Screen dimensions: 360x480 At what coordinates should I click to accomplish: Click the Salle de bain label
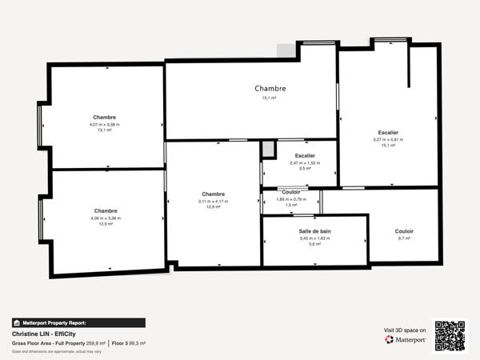pyautogui.click(x=314, y=231)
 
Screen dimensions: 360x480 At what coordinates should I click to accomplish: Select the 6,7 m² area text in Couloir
pyautogui.click(x=404, y=238)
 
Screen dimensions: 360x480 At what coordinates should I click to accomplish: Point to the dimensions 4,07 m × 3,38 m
pyautogui.click(x=104, y=124)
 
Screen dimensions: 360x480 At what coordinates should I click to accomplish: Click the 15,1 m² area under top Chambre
pyautogui.click(x=270, y=98)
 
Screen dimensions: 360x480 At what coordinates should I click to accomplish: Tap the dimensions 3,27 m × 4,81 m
pyautogui.click(x=388, y=139)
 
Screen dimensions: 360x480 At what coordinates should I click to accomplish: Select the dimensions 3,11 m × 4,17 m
pyautogui.click(x=213, y=201)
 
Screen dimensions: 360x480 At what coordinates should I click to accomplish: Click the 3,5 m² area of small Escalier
pyautogui.click(x=304, y=168)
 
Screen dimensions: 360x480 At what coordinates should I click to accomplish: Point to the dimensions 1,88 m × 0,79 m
pyautogui.click(x=292, y=199)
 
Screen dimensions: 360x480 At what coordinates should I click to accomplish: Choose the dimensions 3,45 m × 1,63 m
pyautogui.click(x=314, y=238)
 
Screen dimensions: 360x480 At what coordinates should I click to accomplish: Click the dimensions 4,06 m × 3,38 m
pyautogui.click(x=106, y=218)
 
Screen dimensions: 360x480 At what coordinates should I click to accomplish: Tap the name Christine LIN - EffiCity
pyautogui.click(x=48, y=334)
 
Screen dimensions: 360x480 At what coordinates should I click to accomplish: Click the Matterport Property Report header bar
pyautogui.click(x=78, y=322)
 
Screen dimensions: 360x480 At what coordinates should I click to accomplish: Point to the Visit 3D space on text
pyautogui.click(x=405, y=329)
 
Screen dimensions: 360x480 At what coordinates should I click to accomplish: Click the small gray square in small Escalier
pyautogui.click(x=268, y=148)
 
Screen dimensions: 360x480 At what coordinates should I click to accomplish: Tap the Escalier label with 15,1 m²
pyautogui.click(x=388, y=132)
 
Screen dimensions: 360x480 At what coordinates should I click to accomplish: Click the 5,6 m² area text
pyautogui.click(x=314, y=244)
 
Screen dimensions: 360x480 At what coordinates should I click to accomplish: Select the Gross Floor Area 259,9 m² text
pyautogui.click(x=58, y=342)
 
